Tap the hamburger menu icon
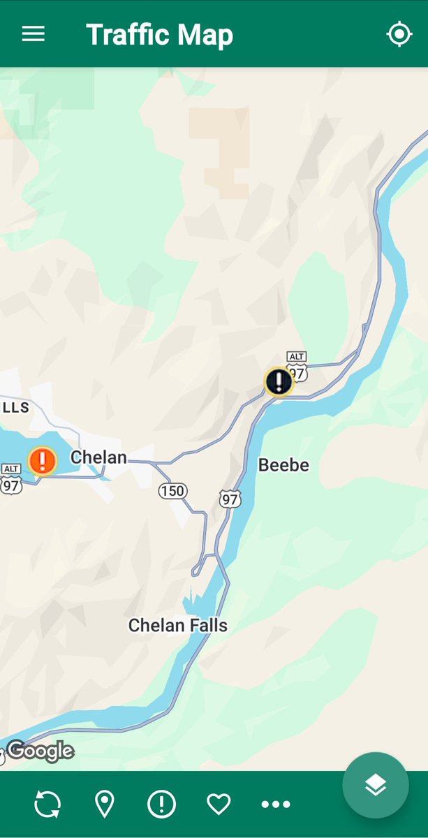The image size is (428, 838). pyautogui.click(x=33, y=34)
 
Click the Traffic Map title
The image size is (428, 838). pyautogui.click(x=159, y=35)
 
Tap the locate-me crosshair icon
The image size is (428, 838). pyautogui.click(x=399, y=34)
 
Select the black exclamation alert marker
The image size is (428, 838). pyautogui.click(x=279, y=381)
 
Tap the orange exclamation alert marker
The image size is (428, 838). pyautogui.click(x=43, y=461)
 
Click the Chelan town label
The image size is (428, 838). pyautogui.click(x=98, y=458)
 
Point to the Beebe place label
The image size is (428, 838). pyautogui.click(x=283, y=465)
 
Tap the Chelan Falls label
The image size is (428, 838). pyautogui.click(x=178, y=626)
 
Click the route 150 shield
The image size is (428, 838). pyautogui.click(x=172, y=491)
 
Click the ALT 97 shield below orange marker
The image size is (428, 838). pyautogui.click(x=10, y=480)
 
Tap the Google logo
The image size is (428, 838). pyautogui.click(x=40, y=751)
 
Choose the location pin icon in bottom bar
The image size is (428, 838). pyautogui.click(x=105, y=804)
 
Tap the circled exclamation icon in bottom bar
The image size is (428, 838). pyautogui.click(x=161, y=804)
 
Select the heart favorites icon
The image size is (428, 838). pyautogui.click(x=219, y=804)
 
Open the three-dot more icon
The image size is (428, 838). pyautogui.click(x=275, y=804)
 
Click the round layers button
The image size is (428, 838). pyautogui.click(x=375, y=785)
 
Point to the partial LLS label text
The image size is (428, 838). pyautogui.click(x=15, y=407)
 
